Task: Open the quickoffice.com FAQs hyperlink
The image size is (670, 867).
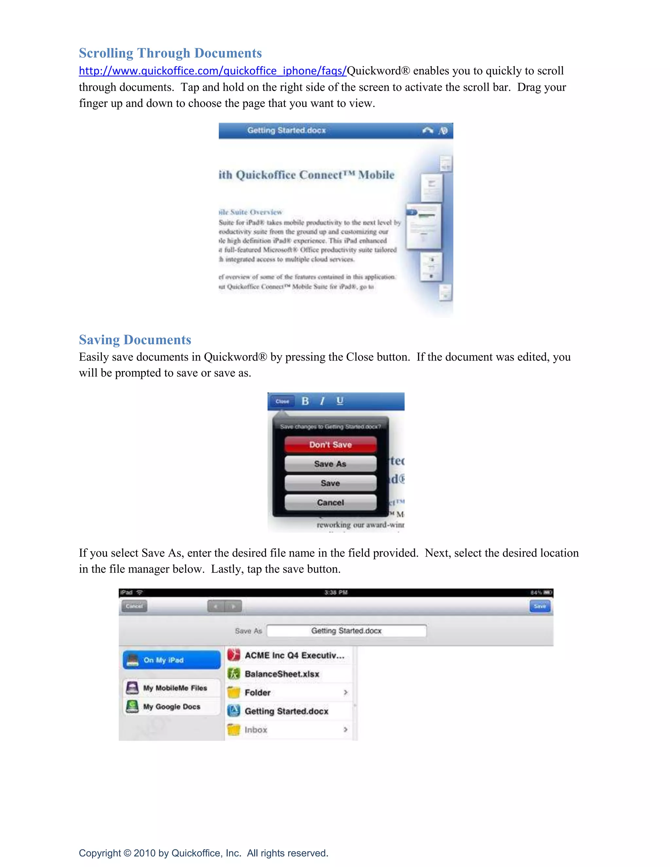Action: pyautogui.click(x=212, y=71)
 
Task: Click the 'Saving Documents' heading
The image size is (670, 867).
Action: pyautogui.click(x=135, y=340)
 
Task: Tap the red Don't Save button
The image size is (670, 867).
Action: pyautogui.click(x=330, y=445)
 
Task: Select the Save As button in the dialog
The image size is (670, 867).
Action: pyautogui.click(x=330, y=464)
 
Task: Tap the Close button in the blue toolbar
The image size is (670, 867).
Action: pyautogui.click(x=282, y=401)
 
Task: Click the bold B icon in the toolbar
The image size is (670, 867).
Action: pyautogui.click(x=305, y=401)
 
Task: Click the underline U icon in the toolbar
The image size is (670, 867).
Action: pyautogui.click(x=340, y=401)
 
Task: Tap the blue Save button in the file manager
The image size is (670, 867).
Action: pyautogui.click(x=540, y=606)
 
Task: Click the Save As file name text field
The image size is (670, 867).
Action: pyautogui.click(x=346, y=631)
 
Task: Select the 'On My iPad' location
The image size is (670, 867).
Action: pyautogui.click(x=171, y=660)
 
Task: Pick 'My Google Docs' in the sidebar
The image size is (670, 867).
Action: pyautogui.click(x=171, y=707)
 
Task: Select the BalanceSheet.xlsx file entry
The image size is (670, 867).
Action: pyautogui.click(x=282, y=674)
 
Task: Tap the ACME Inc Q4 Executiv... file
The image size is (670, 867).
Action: pyautogui.click(x=294, y=655)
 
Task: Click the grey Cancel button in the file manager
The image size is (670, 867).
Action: pyautogui.click(x=134, y=606)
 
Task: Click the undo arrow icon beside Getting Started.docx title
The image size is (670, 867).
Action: pyautogui.click(x=428, y=130)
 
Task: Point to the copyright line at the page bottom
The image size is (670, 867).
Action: pyautogui.click(x=203, y=853)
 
